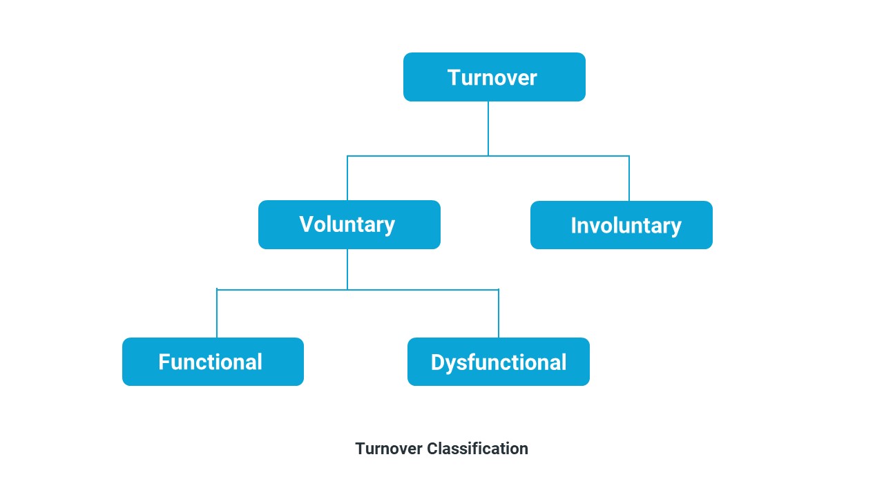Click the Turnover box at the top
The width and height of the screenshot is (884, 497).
click(494, 77)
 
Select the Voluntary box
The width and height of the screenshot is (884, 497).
click(349, 224)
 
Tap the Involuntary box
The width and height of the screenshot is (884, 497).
click(621, 225)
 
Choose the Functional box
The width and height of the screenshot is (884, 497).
click(213, 362)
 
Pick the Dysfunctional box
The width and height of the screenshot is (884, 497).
click(498, 362)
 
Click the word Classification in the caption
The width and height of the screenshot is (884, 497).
click(477, 449)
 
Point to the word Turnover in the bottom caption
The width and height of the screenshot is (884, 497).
click(388, 449)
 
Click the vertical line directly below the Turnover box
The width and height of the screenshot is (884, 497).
click(488, 128)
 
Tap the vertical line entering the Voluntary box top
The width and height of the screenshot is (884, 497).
click(347, 178)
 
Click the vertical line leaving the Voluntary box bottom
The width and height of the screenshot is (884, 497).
click(347, 269)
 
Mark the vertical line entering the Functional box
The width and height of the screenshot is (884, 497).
click(217, 314)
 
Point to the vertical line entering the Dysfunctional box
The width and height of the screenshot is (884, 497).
click(499, 314)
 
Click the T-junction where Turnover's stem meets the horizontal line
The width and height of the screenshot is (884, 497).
click(488, 156)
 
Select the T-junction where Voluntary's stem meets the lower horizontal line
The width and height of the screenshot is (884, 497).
click(347, 289)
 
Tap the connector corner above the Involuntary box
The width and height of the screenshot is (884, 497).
click(629, 156)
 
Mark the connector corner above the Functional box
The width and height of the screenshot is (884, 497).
click(217, 289)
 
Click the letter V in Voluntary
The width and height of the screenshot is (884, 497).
click(307, 224)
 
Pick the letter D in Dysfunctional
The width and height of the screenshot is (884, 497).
click(438, 362)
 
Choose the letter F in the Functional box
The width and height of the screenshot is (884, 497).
click(164, 362)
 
